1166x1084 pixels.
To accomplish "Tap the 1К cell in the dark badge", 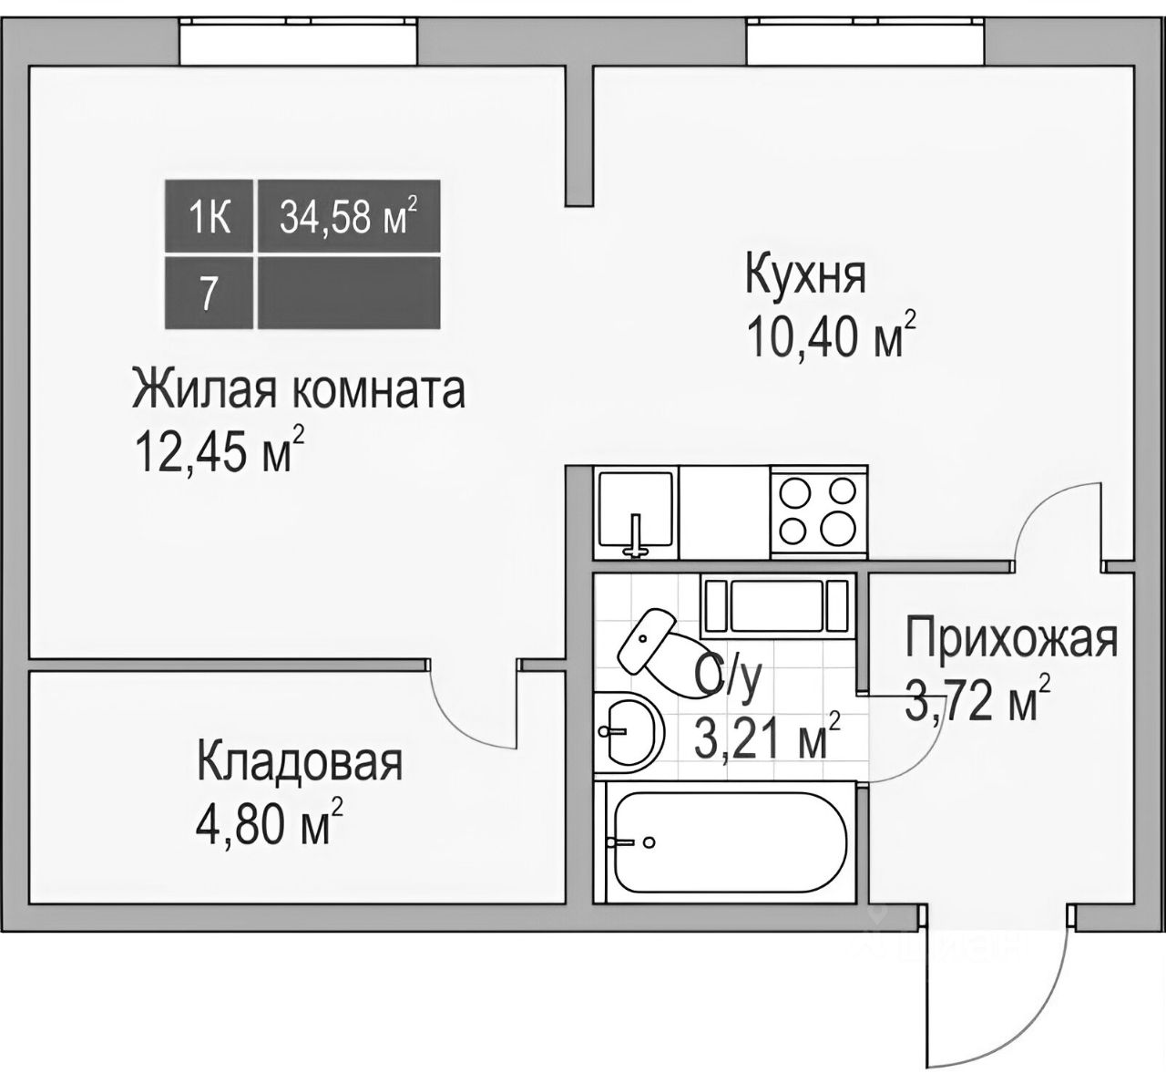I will coord(210,218).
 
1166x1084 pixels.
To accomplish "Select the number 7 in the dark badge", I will coord(209,294).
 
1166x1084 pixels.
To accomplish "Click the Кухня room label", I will coord(805,275).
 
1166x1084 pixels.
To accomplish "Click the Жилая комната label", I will coord(299,390).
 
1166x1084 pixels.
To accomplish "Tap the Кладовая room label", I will coord(300,762).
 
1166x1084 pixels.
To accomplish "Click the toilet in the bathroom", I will coord(652,651).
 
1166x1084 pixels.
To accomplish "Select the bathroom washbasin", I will coord(627,730).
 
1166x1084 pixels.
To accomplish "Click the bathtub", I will coord(725,842).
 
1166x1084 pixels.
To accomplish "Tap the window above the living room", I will coord(298,41).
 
